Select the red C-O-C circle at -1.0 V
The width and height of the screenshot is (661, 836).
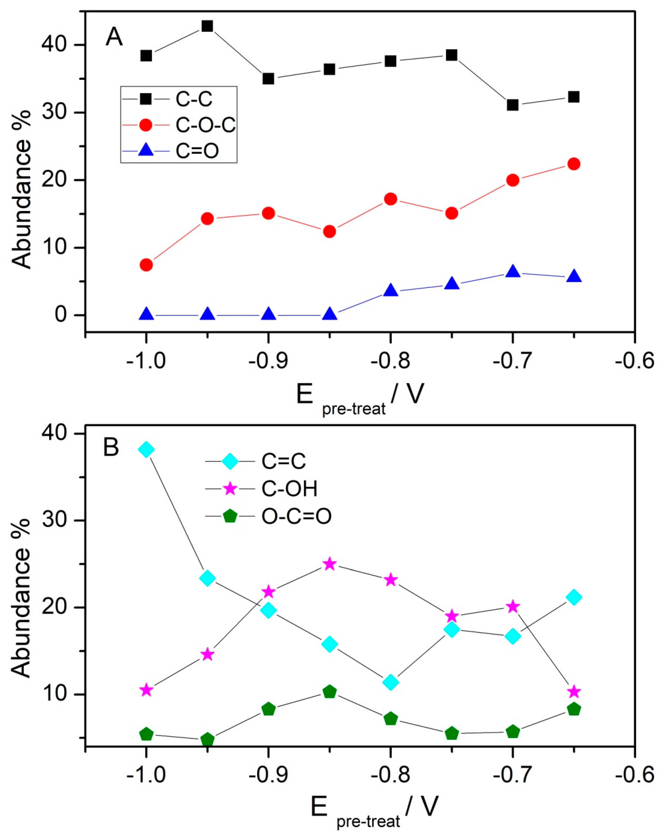pyautogui.click(x=146, y=265)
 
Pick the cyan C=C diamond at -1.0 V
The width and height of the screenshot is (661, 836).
pyautogui.click(x=146, y=450)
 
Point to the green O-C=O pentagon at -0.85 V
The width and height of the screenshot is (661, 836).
pyautogui.click(x=329, y=692)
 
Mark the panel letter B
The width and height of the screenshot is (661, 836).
pyautogui.click(x=111, y=448)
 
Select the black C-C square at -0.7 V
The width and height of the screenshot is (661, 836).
pyautogui.click(x=513, y=105)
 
